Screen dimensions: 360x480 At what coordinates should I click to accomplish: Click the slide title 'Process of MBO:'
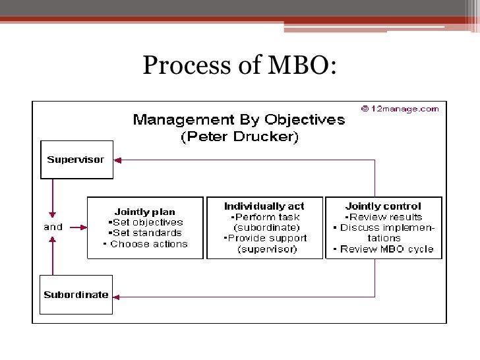click(x=239, y=65)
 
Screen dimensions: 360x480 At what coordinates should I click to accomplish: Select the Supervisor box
click(x=76, y=160)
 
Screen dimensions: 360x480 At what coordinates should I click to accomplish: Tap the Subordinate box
click(x=76, y=294)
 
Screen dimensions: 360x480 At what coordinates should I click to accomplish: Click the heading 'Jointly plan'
click(x=145, y=212)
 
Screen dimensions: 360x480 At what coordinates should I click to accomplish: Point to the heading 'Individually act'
click(x=264, y=206)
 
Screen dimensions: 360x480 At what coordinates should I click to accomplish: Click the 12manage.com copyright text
click(x=400, y=109)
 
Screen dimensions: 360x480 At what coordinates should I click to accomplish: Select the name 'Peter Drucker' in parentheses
click(x=239, y=137)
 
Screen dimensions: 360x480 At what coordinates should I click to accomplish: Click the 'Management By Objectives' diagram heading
click(x=239, y=120)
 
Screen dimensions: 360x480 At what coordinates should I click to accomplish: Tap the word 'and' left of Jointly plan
click(x=53, y=227)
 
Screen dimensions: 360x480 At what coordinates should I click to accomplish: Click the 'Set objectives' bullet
click(x=144, y=222)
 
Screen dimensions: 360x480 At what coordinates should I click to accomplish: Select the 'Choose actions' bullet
click(x=146, y=244)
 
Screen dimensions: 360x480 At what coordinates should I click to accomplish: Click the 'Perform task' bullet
click(x=265, y=217)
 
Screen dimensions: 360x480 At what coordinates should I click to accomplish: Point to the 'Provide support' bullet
click(x=265, y=238)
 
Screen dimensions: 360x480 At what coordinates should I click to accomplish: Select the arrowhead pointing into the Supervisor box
click(x=117, y=160)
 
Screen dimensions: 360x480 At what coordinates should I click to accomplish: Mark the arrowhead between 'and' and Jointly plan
click(x=82, y=227)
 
